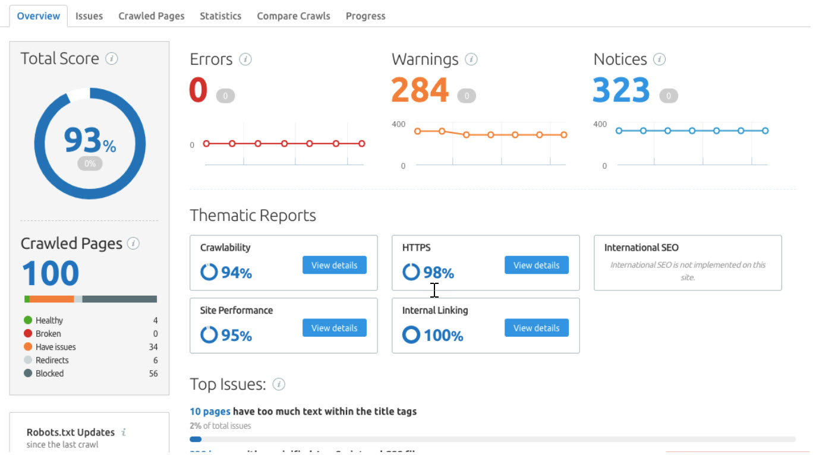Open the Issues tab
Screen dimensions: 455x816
[x=89, y=16]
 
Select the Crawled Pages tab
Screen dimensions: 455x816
[x=151, y=16]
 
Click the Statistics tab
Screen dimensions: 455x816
[x=220, y=16]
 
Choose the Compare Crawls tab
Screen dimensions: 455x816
[x=294, y=16]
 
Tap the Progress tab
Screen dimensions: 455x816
[x=366, y=16]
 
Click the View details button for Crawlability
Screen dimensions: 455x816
[x=335, y=265]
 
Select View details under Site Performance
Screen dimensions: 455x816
[x=335, y=328]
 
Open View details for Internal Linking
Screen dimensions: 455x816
[x=537, y=328]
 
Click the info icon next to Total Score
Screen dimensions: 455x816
[x=111, y=59]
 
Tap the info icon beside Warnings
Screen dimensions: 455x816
[x=471, y=59]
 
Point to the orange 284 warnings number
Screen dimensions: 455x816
[x=420, y=90]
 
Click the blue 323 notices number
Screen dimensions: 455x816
[x=621, y=90]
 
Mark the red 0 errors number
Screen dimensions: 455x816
[x=198, y=90]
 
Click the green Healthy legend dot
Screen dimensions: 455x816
[x=27, y=320]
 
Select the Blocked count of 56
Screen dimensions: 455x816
[x=153, y=374]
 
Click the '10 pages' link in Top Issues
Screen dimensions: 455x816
[x=210, y=411]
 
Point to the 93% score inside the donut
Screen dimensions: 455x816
[x=89, y=141]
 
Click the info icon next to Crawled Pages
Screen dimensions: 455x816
[x=134, y=244]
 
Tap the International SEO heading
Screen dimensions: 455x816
[x=641, y=248]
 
